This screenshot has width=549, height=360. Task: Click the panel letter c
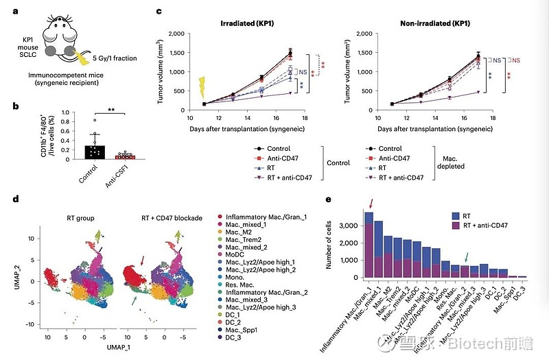(160, 12)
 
